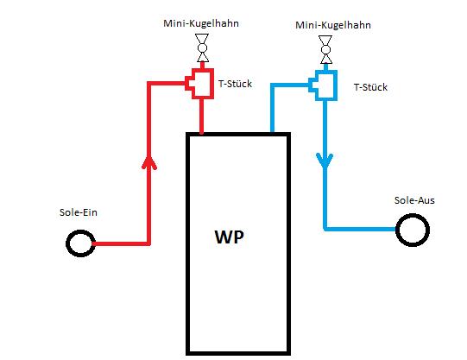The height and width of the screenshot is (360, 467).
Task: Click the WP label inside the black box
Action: pos(229,237)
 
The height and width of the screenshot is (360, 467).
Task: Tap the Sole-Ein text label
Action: pos(79,212)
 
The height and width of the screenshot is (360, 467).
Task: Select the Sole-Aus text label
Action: pos(414,200)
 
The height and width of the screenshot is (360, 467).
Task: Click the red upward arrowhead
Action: pos(149,162)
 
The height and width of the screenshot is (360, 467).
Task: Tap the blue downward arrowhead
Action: pos(325,161)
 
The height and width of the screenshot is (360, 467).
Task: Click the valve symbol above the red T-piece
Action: pos(202,47)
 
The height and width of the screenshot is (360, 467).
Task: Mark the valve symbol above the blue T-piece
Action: pos(325,50)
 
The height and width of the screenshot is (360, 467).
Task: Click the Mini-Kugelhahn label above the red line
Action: pos(201,23)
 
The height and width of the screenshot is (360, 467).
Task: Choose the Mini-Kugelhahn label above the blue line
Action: pos(333,25)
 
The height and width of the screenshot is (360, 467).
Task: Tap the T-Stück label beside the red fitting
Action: pos(235,84)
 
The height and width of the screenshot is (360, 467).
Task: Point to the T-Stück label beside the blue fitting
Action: pos(370,87)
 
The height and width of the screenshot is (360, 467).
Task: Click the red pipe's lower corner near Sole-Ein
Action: pos(149,243)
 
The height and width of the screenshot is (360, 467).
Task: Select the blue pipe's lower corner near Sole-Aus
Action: pos(325,229)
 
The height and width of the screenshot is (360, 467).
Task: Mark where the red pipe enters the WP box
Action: pos(202,133)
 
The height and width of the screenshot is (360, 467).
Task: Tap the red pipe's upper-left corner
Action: pos(149,84)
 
